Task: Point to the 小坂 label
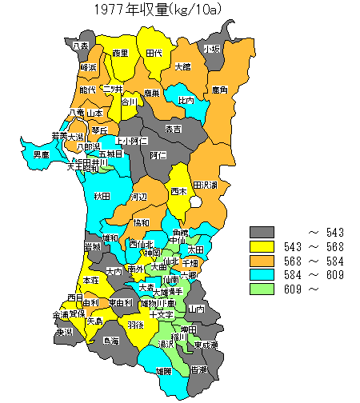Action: point(212,49)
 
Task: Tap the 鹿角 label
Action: point(220,93)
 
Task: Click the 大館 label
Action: point(182,67)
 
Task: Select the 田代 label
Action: point(154,53)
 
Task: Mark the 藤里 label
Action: point(120,54)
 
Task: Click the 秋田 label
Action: point(101,196)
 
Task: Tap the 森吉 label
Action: point(173,129)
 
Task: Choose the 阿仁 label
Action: point(158,155)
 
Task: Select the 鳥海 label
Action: point(111,341)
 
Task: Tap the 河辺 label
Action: point(139,197)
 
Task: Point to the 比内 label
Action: point(186,101)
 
